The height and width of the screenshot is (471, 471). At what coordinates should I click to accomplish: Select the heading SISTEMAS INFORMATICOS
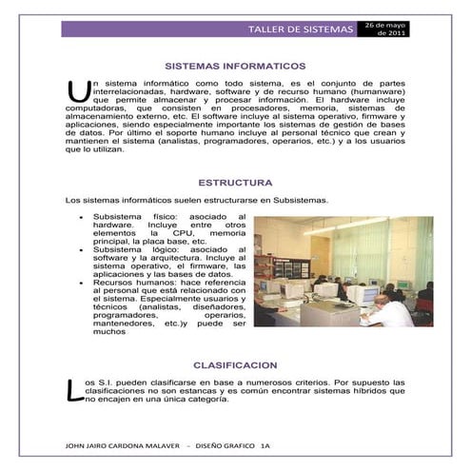(235, 68)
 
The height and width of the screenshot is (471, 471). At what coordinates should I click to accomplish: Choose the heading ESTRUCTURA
(235, 181)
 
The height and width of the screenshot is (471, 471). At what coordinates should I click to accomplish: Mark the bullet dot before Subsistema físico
(84, 218)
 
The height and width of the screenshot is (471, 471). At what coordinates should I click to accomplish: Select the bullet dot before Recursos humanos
(84, 284)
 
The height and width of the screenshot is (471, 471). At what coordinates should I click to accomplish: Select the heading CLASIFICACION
(235, 364)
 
